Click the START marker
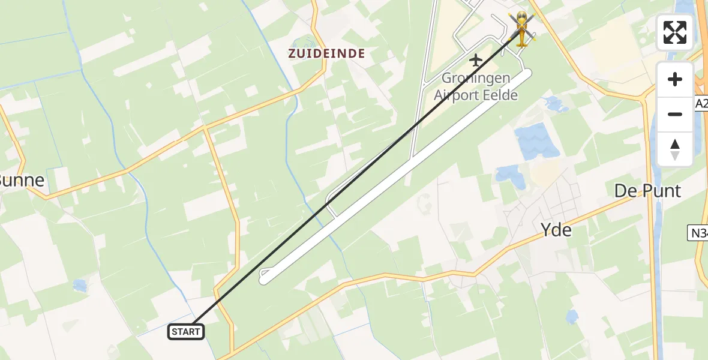(x=187, y=331)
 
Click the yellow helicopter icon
(x=522, y=29)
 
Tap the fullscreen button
(x=675, y=32)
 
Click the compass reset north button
(x=675, y=149)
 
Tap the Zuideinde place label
(x=326, y=53)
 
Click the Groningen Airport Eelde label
(x=476, y=86)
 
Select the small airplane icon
(x=476, y=60)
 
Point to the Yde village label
(x=556, y=230)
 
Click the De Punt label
(x=647, y=191)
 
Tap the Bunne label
(x=22, y=181)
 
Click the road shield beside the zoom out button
(x=701, y=103)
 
